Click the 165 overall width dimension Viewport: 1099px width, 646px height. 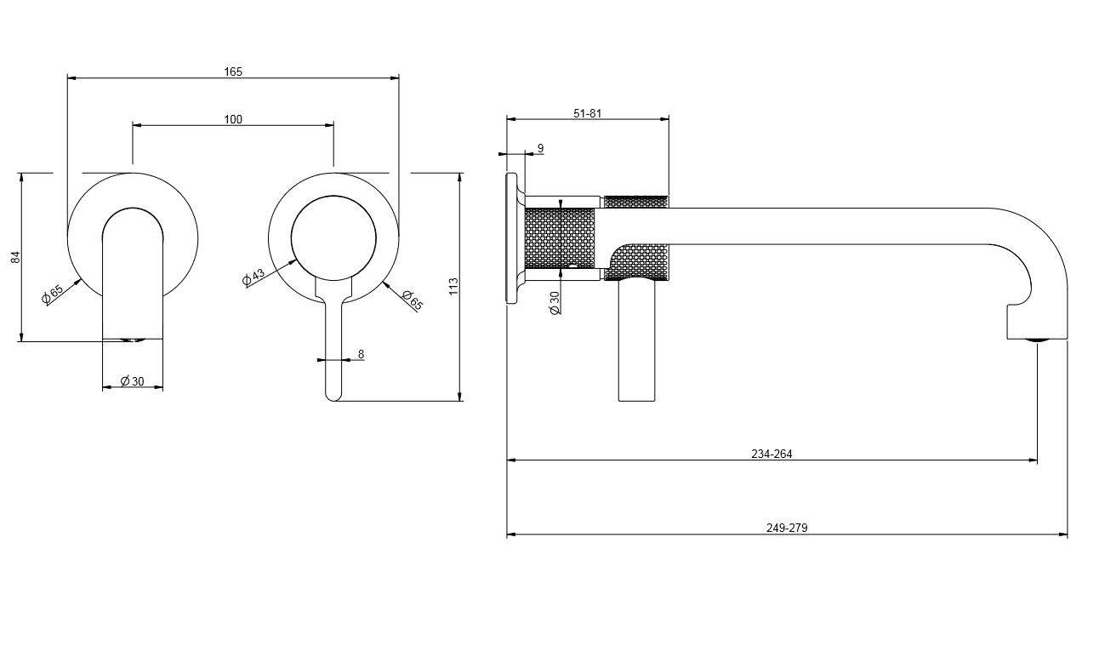pyautogui.click(x=233, y=71)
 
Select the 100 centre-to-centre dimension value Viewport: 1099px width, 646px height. pyautogui.click(x=233, y=119)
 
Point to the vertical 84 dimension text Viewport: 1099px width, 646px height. pyautogui.click(x=15, y=257)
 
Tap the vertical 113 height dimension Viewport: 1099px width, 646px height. pyautogui.click(x=453, y=286)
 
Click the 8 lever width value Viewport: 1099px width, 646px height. pyautogui.click(x=362, y=354)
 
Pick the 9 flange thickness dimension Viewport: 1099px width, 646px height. pyautogui.click(x=541, y=148)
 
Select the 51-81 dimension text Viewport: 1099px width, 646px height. pyautogui.click(x=587, y=113)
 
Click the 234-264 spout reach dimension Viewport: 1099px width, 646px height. pyautogui.click(x=772, y=454)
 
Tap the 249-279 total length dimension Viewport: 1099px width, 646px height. pyautogui.click(x=787, y=528)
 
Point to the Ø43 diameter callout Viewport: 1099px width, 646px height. pyautogui.click(x=253, y=277)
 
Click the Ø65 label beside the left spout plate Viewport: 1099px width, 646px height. pyautogui.click(x=53, y=294)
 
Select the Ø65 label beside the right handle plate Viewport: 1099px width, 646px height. pyautogui.click(x=412, y=300)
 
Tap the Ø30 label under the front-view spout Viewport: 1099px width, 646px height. pyautogui.click(x=133, y=381)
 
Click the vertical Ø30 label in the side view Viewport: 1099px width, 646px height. pyautogui.click(x=555, y=303)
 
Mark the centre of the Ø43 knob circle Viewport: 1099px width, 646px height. pyautogui.click(x=333, y=238)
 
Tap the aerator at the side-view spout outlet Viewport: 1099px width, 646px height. pyautogui.click(x=1037, y=340)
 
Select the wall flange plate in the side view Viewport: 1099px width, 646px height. pyautogui.click(x=512, y=238)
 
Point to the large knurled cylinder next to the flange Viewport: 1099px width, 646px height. pyautogui.click(x=560, y=238)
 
